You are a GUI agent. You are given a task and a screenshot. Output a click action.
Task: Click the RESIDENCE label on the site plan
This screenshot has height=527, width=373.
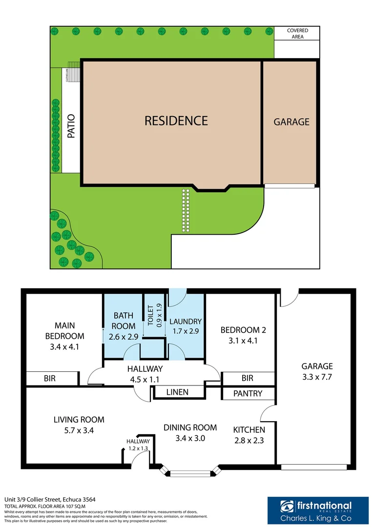tap(176, 121)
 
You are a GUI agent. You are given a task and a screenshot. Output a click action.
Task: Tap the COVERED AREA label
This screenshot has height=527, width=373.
tap(297, 34)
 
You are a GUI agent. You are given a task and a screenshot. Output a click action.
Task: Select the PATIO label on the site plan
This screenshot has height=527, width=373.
tap(71, 126)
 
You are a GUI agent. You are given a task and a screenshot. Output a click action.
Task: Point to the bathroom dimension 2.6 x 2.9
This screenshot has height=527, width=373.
tap(124, 337)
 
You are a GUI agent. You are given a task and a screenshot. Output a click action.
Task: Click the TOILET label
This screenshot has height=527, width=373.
tap(150, 316)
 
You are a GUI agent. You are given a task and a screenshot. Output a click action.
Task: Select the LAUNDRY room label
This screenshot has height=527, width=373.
tap(185, 322)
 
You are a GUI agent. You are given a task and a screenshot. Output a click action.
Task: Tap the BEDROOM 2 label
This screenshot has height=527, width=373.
tap(244, 330)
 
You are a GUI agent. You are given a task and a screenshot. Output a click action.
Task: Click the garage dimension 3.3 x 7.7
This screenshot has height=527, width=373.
tap(317, 377)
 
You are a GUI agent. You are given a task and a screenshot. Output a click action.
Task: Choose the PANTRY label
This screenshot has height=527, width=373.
tap(248, 393)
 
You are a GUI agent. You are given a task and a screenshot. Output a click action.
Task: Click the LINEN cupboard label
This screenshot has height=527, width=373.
tap(177, 392)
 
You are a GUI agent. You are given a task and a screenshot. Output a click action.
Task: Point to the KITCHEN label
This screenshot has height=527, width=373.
tap(249, 430)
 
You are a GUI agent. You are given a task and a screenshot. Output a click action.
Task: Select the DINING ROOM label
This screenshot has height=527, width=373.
tap(190, 427)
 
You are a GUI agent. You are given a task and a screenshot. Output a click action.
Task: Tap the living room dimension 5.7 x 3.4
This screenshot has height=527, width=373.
tap(79, 430)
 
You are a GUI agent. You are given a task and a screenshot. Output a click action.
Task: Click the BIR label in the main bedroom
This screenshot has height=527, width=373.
tap(50, 378)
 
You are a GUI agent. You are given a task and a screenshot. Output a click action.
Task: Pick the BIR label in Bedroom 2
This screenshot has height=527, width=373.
tap(248, 378)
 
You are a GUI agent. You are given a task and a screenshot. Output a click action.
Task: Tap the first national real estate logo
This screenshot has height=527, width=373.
tap(316, 510)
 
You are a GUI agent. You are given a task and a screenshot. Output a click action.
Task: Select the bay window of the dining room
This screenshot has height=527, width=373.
tap(191, 472)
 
